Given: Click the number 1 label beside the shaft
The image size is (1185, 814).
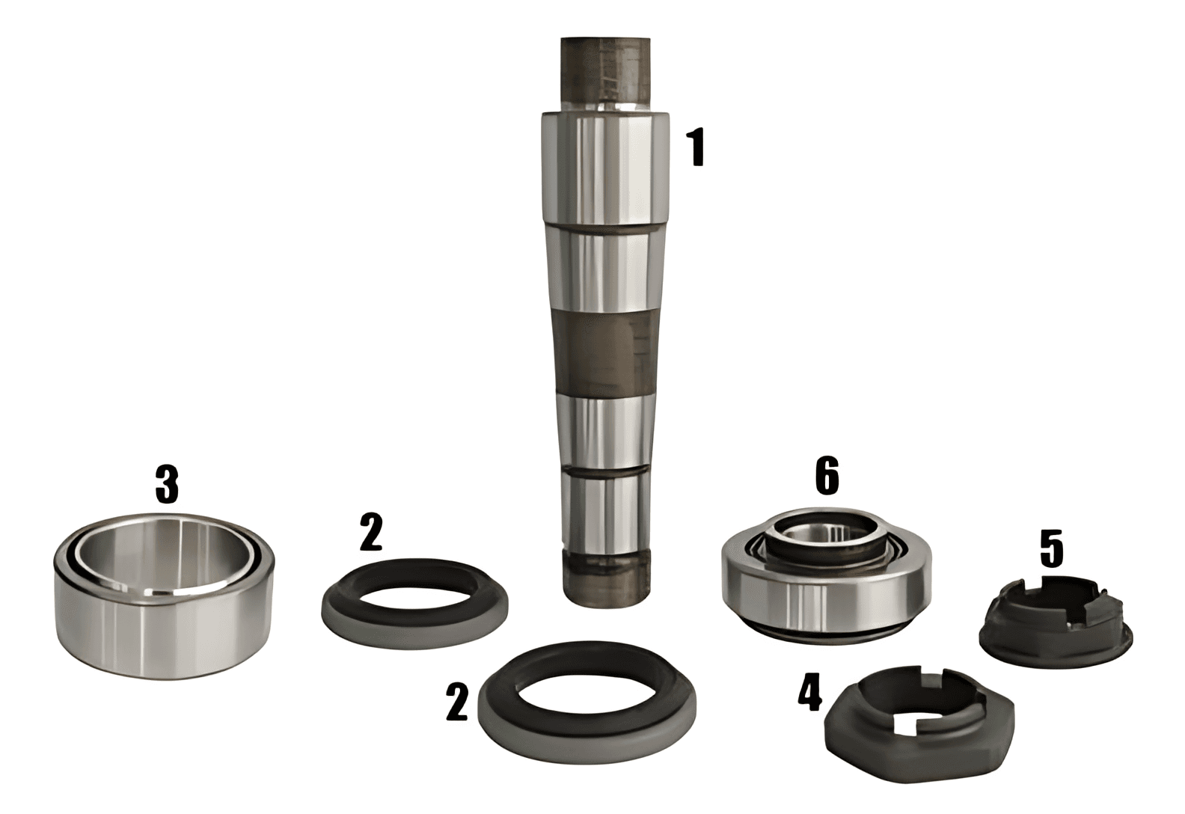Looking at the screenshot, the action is (x=698, y=149).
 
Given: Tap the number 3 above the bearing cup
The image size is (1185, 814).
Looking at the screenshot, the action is (x=167, y=483).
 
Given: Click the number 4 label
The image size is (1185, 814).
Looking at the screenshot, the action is (x=810, y=694).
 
